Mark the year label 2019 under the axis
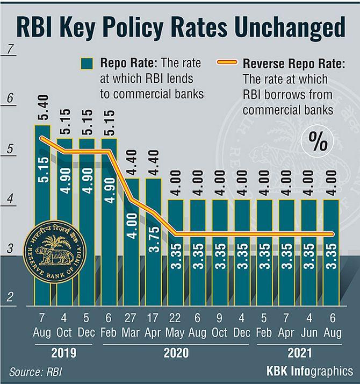[x=63, y=354]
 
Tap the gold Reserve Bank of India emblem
[x=57, y=248]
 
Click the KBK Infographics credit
[x=309, y=371]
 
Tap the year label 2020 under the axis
[x=175, y=354]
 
